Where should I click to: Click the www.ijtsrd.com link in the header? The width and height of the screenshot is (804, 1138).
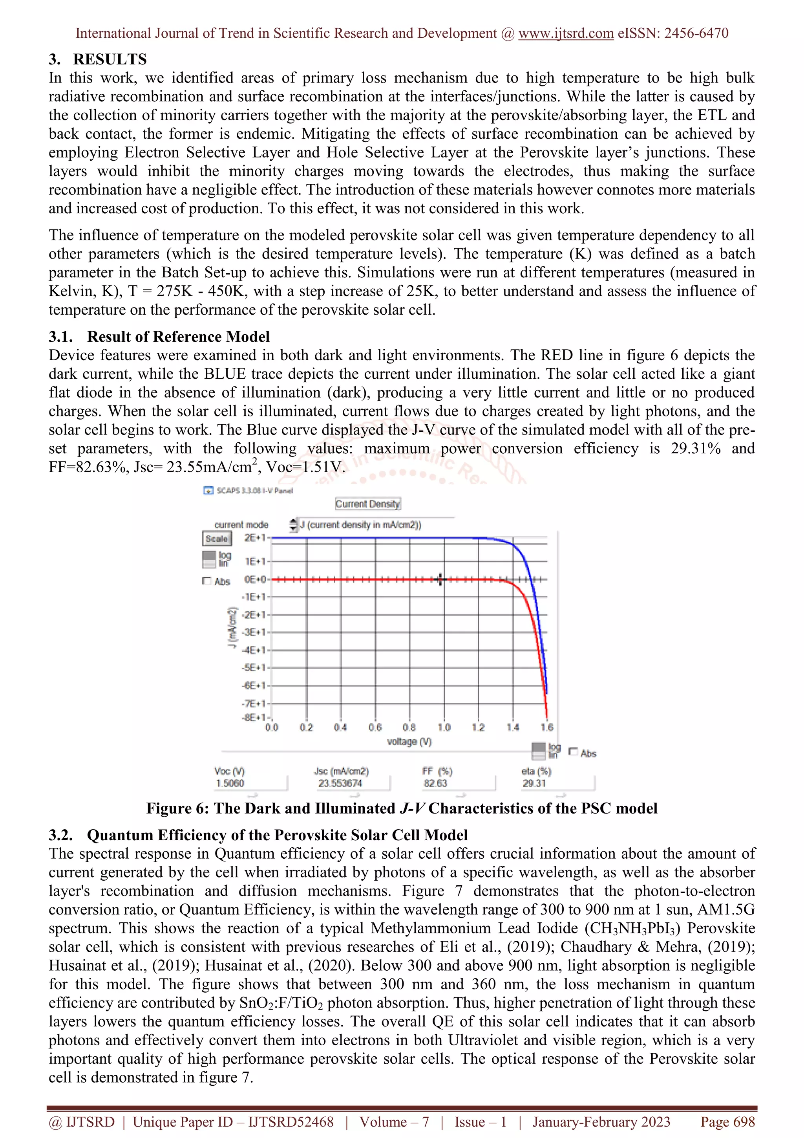pos(566,33)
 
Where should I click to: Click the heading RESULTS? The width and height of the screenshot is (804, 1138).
pos(110,59)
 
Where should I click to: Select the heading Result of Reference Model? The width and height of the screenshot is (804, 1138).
pos(178,337)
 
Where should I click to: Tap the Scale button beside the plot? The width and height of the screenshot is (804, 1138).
pos(216,539)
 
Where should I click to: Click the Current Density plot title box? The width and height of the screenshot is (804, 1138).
pos(367,504)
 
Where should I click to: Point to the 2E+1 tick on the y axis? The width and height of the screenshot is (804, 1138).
pos(255,538)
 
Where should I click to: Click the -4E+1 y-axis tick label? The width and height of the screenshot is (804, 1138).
pos(253,650)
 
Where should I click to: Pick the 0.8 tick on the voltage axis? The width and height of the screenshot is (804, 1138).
pos(409,728)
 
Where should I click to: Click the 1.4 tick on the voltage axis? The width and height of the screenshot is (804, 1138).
pos(513,728)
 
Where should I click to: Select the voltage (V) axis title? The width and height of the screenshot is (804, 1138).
pos(409,742)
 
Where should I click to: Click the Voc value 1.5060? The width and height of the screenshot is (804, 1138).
pos(230,783)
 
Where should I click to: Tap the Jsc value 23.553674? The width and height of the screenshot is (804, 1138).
pos(340,783)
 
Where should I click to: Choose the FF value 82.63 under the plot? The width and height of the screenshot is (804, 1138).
pos(435,783)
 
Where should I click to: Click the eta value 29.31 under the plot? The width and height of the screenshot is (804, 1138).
pos(534,783)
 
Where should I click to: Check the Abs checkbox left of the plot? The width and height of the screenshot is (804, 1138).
pos(207,581)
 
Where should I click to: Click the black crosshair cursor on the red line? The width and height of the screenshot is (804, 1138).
pos(440,579)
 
